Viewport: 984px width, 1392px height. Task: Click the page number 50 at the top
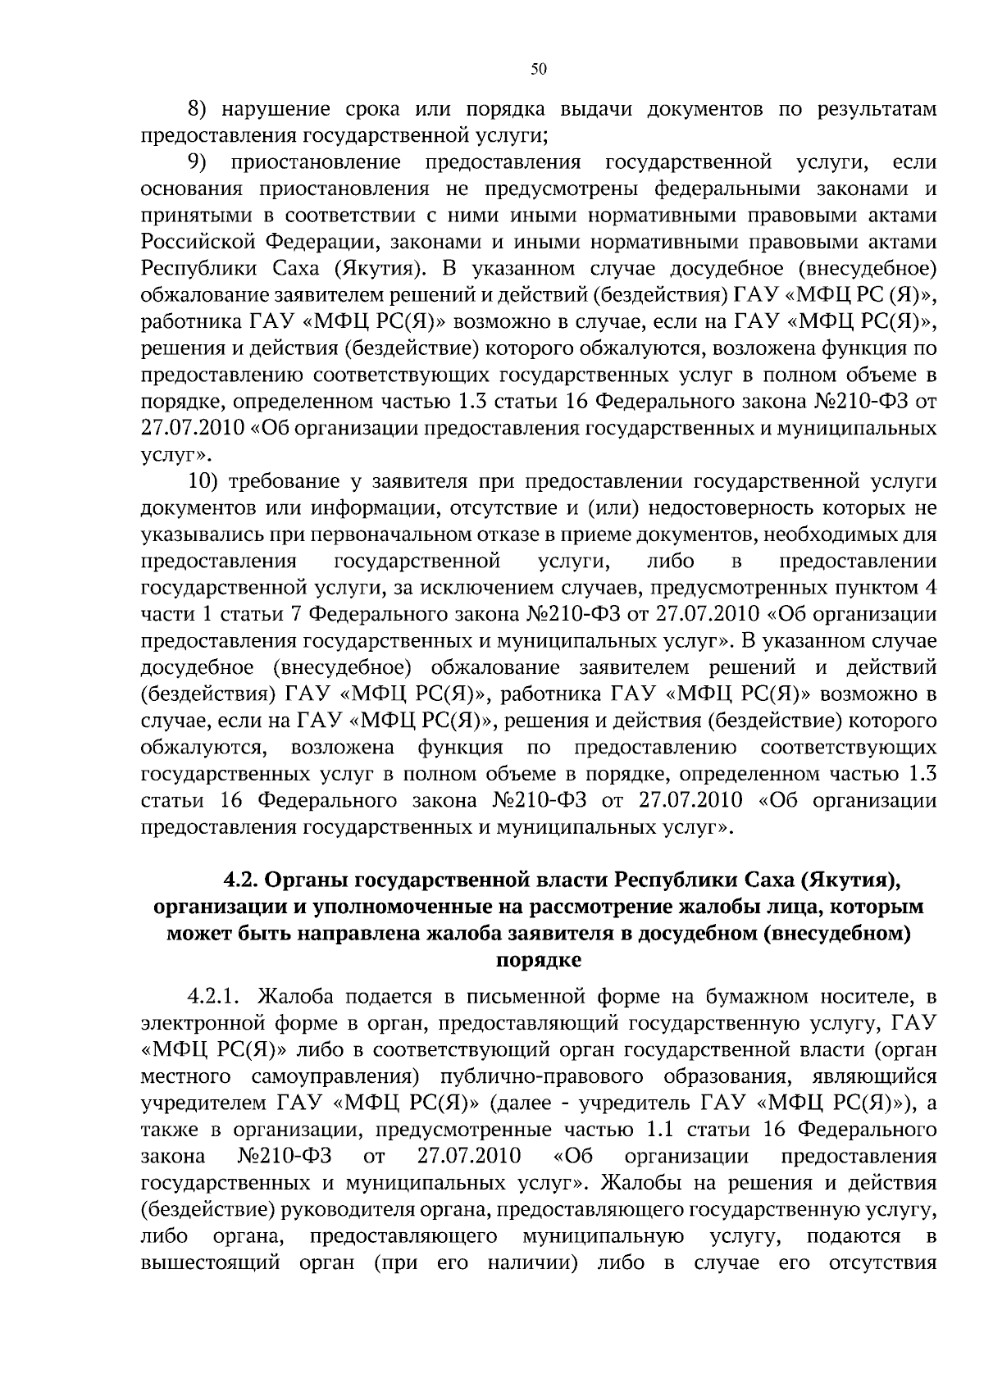538,70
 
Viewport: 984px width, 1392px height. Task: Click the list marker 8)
200,109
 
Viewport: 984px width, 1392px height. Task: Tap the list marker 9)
200,162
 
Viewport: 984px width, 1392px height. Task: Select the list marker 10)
207,480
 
